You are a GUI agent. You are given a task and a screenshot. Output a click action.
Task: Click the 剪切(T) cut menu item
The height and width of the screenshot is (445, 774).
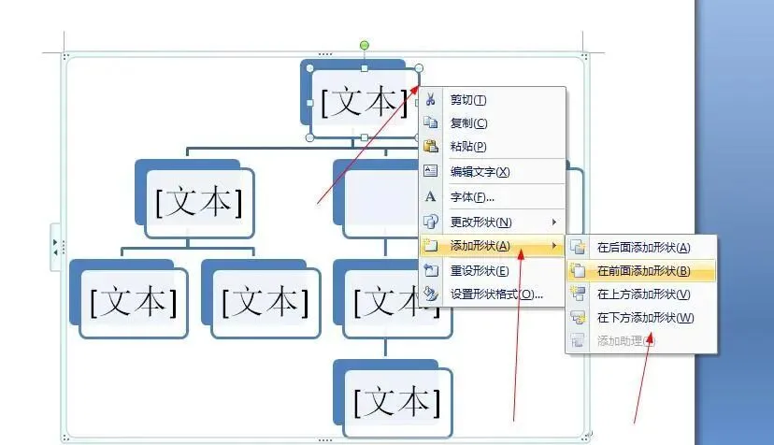tap(468, 100)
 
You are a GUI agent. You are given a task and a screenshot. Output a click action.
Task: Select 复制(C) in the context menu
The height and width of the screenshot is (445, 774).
tap(468, 123)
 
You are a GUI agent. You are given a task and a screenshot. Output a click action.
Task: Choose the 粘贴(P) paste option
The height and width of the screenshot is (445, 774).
tap(468, 147)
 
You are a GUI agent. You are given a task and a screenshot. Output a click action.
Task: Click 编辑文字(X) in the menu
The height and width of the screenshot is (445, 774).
tap(480, 172)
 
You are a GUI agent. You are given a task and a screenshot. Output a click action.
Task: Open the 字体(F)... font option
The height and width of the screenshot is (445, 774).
tap(472, 197)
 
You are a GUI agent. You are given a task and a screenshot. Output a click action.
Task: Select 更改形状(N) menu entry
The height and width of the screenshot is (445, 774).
tap(480, 222)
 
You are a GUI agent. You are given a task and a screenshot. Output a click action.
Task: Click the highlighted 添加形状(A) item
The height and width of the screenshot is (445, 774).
tap(480, 247)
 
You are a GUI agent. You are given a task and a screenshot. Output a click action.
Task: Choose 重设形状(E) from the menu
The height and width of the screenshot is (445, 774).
tap(480, 271)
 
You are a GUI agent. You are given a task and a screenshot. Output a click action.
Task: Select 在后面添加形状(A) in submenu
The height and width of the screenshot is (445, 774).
tap(643, 248)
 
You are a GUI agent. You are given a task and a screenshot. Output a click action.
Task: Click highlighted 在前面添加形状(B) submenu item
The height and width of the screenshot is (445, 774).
tap(643, 271)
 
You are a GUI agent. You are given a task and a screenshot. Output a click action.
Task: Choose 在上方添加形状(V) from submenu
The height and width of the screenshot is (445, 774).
tap(643, 294)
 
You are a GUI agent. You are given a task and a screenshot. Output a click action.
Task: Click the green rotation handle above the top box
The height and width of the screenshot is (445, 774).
tap(365, 45)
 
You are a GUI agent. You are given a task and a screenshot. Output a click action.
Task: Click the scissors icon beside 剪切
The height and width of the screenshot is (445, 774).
tap(431, 100)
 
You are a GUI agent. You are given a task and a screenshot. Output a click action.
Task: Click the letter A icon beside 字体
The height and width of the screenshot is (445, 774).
tap(431, 197)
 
